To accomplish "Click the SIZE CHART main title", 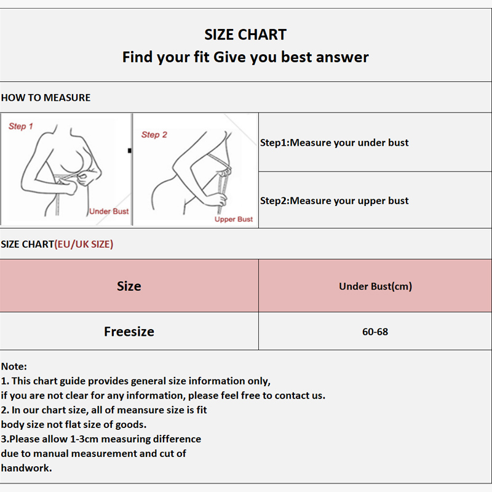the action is tap(245, 34).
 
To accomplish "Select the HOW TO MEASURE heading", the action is tap(46, 98).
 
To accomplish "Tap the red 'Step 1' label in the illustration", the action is tap(21, 126).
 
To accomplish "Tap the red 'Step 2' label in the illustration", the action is tap(154, 135).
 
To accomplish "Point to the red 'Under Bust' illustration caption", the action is tap(109, 211).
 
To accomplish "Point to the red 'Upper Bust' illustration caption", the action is tap(234, 220).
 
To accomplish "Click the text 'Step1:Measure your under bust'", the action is tap(334, 143).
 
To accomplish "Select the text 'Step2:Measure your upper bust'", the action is tap(334, 201).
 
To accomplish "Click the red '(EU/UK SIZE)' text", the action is tap(84, 244).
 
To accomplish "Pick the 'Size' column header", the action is tap(129, 286).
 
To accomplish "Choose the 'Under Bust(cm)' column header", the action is tap(375, 286).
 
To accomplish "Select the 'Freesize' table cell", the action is tap(129, 331).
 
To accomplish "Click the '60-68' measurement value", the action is tap(375, 331).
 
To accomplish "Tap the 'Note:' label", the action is tap(14, 366).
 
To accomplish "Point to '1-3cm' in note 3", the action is tap(84, 439).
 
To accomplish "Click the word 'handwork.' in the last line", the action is tap(26, 468).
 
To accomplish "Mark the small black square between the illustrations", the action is tap(130, 151).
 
